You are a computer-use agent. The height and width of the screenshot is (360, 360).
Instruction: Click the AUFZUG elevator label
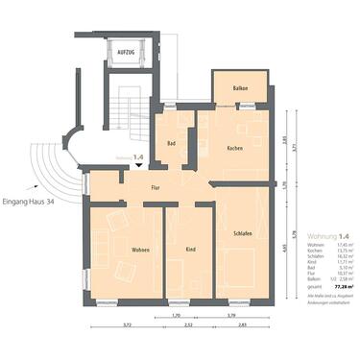coord(126,52)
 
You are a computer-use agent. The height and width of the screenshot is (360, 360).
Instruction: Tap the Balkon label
coord(239,88)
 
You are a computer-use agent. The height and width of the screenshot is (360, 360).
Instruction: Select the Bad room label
coord(171,144)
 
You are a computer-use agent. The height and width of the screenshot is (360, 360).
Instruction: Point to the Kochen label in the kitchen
coord(235,148)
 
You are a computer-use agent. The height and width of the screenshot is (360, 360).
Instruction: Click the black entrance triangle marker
coord(139,165)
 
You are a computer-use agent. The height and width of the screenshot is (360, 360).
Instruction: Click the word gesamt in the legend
coord(303,286)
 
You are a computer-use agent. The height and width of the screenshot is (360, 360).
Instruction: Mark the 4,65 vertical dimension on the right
coord(284,248)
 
